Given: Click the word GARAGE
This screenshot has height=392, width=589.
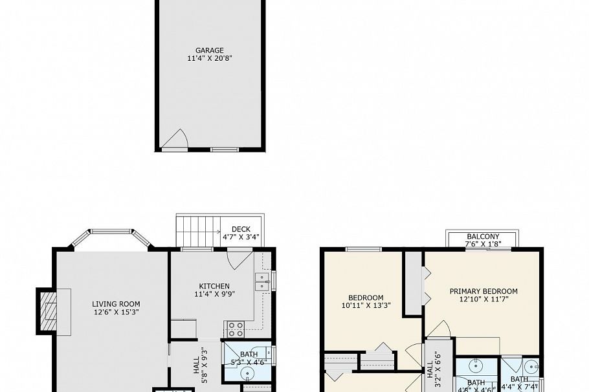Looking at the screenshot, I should (x=210, y=50).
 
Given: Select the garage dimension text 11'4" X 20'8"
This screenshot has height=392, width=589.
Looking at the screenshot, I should (x=210, y=58).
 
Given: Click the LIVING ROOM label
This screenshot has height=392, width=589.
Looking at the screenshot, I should (x=116, y=304).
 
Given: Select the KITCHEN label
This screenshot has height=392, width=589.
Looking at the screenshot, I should (x=214, y=286).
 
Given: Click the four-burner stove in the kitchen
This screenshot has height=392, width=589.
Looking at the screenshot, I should (x=234, y=329).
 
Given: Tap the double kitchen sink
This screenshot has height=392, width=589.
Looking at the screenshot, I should (x=263, y=281).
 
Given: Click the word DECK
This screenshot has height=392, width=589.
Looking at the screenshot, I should (x=241, y=229).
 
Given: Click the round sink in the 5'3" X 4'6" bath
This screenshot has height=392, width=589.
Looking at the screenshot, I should (x=248, y=373).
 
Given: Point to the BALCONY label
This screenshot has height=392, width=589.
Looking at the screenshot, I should (x=483, y=237).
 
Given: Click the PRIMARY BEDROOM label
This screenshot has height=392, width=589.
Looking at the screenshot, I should (x=483, y=292).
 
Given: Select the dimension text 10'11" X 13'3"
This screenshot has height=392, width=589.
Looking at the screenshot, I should (x=366, y=305).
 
